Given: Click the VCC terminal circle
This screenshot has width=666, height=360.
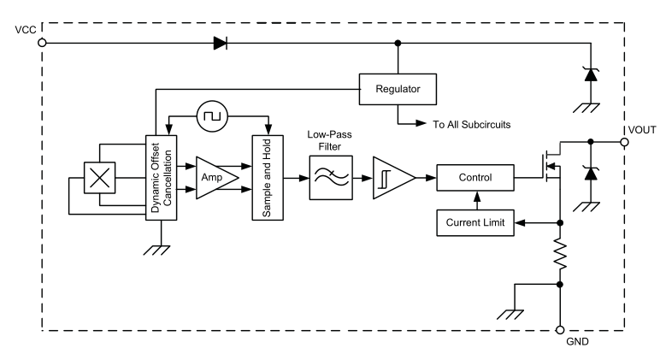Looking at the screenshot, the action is [42, 43].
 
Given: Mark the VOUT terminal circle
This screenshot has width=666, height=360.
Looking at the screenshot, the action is [624, 142].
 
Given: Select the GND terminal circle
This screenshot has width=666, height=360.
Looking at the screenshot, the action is [560, 330].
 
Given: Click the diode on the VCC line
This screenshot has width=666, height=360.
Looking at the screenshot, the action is [220, 43].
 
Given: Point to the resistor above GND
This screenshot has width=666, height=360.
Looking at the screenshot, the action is [560, 255].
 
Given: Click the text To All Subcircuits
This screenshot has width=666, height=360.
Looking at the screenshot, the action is [471, 125].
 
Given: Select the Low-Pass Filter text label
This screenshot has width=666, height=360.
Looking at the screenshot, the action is [330, 140].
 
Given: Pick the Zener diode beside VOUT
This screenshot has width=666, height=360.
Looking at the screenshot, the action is [591, 174].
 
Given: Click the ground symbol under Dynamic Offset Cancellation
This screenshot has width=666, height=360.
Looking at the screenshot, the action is [156, 251].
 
